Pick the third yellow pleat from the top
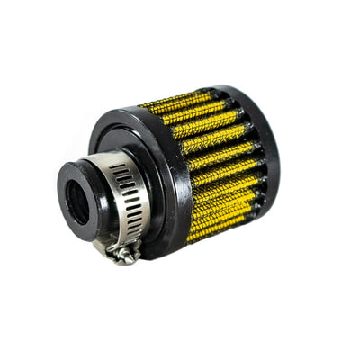coord(202,128)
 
